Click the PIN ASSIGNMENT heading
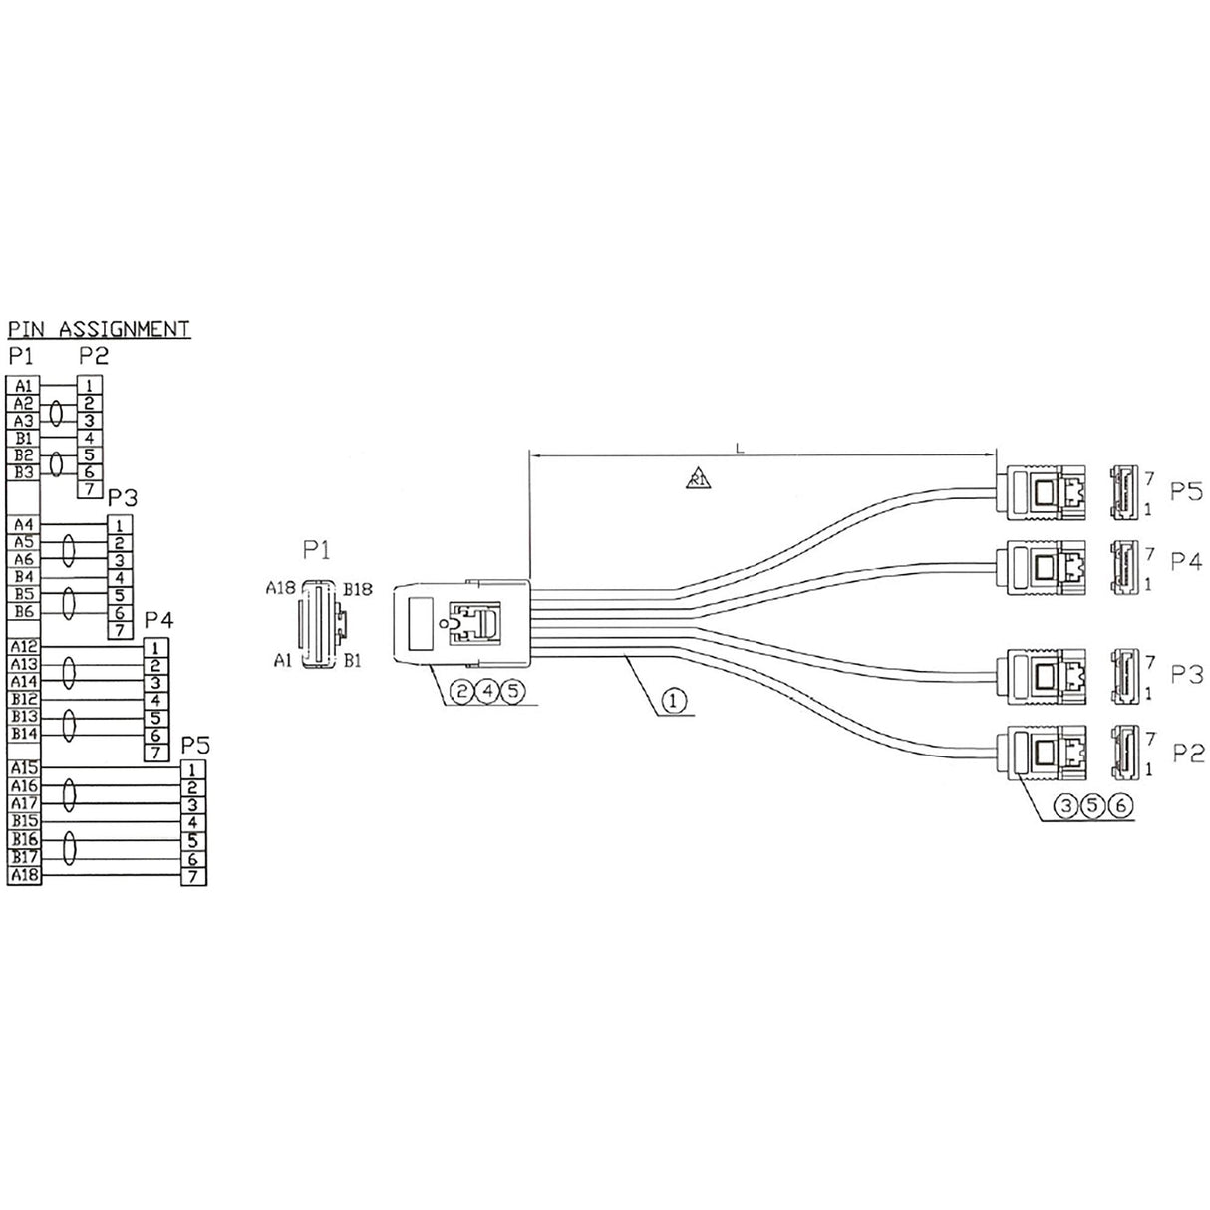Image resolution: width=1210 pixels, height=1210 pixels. [99, 328]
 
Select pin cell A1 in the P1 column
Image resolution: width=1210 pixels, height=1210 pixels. [23, 385]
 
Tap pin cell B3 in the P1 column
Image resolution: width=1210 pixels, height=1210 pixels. [23, 471]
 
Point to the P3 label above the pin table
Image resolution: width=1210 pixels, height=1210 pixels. [122, 497]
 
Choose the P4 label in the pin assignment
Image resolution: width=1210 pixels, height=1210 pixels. [158, 620]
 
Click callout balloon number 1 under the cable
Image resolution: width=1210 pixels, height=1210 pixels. [673, 703]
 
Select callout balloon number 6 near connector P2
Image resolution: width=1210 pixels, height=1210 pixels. [1120, 806]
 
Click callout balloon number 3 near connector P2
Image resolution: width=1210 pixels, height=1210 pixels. [1065, 806]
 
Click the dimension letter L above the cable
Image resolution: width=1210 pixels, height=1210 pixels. [739, 449]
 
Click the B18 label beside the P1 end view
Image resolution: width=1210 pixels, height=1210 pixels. [357, 589]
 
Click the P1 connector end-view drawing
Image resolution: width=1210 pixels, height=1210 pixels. [319, 625]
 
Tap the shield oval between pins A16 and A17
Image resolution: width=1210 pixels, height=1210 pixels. [70, 795]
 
